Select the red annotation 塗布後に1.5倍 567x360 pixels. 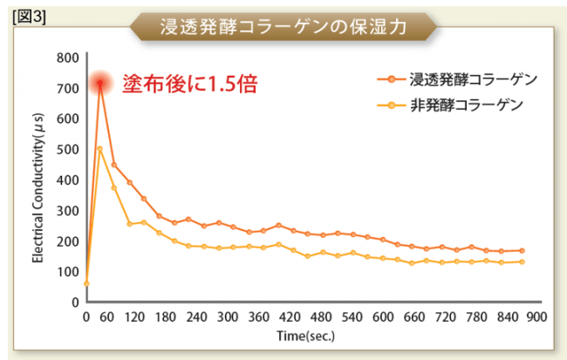[x=189, y=85]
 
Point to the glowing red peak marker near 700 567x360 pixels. [x=100, y=84]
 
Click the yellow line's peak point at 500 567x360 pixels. [x=100, y=149]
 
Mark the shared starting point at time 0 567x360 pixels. [x=85, y=283]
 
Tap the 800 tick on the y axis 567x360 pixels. [x=68, y=58]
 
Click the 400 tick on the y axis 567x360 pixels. [x=68, y=180]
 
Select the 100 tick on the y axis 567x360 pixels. [x=68, y=272]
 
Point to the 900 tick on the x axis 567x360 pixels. [x=536, y=316]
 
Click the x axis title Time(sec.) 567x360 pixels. [x=305, y=335]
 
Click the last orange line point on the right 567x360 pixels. [x=522, y=250]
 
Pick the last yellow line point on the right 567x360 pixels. [x=522, y=262]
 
